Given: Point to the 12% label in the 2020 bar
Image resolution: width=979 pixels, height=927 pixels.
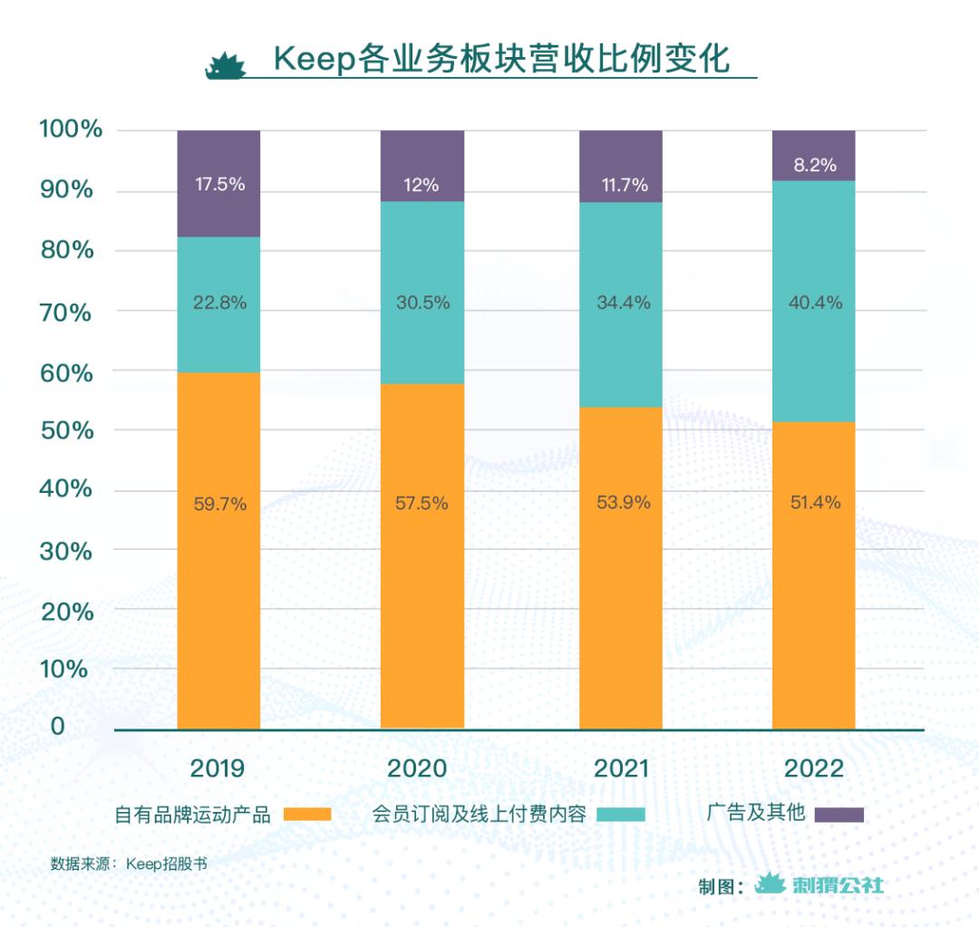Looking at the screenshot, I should point(422,185).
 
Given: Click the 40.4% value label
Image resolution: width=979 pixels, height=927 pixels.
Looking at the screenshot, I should point(813,303).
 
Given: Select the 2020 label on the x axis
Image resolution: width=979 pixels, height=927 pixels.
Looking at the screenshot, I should point(418,768).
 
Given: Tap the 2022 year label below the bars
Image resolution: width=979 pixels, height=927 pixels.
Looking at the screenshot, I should point(813,768).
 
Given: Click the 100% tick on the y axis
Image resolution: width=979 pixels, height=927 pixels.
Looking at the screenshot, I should point(71,129).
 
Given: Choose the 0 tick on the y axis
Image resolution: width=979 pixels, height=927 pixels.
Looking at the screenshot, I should point(57,726).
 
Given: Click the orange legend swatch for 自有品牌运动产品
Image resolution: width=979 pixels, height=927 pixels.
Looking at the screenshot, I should point(307,814).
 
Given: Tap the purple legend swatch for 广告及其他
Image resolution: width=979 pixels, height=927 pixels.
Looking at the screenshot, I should point(838,814).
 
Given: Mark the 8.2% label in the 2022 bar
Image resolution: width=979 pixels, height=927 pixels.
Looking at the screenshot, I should point(813,165).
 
